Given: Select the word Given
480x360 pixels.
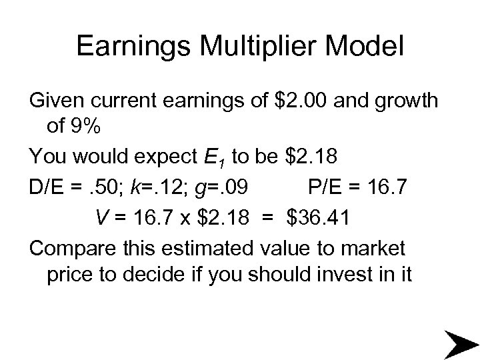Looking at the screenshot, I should [53, 101].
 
